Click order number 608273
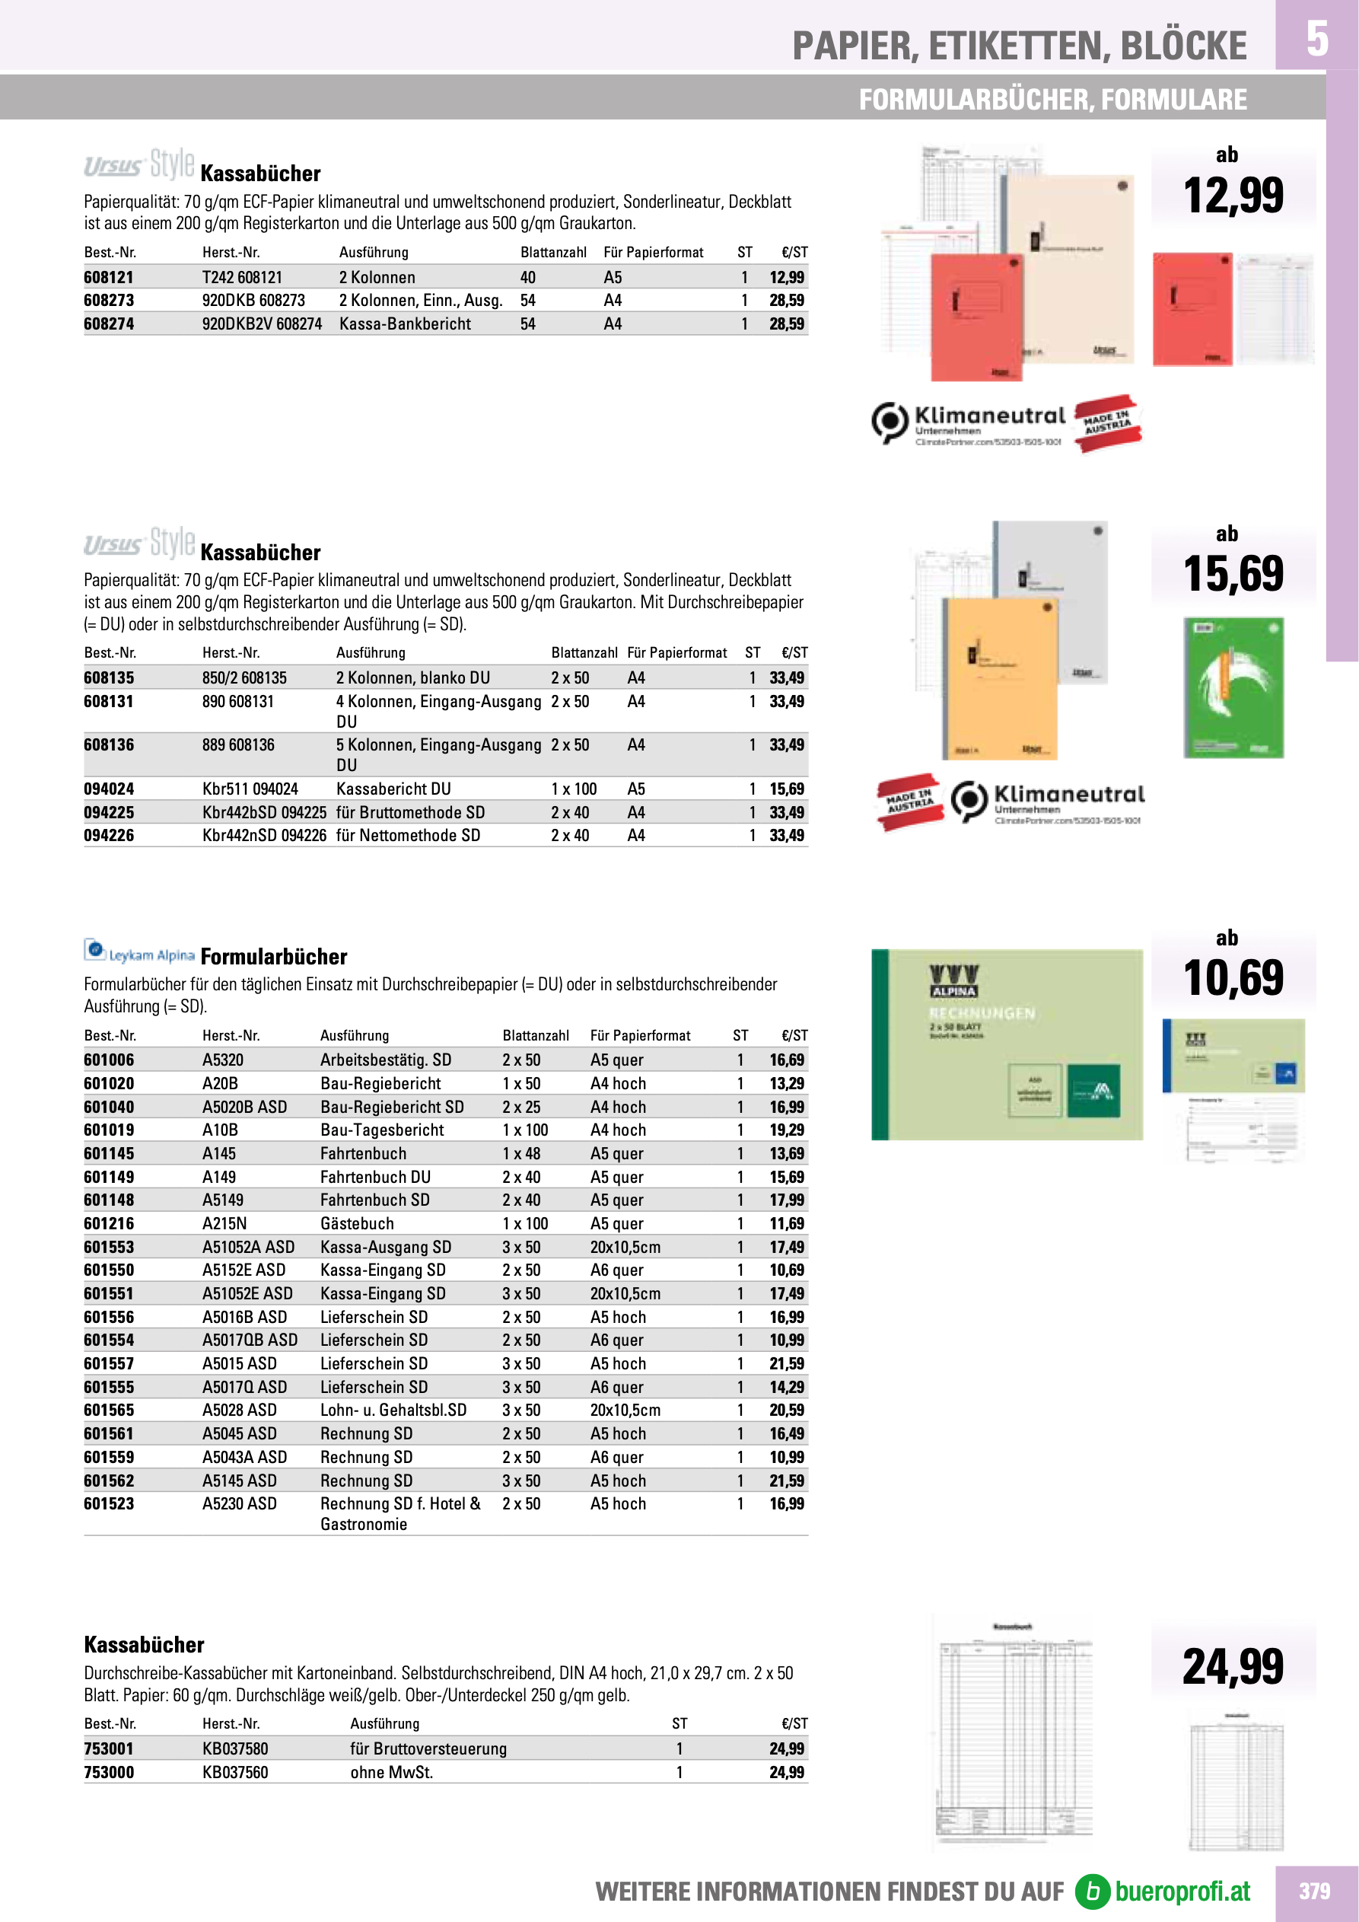point(109,301)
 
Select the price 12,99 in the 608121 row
point(786,277)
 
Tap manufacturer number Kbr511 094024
point(250,789)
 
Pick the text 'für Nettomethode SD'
point(409,836)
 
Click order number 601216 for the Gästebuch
point(109,1224)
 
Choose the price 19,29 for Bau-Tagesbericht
point(786,1130)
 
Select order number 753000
point(109,1772)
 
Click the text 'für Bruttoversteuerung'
point(428,1748)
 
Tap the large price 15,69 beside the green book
point(1233,574)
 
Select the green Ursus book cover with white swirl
point(1233,688)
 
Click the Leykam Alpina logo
point(140,951)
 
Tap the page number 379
point(1314,1891)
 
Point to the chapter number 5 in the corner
point(1316,39)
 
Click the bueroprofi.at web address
point(1182,1891)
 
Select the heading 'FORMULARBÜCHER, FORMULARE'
point(1052,100)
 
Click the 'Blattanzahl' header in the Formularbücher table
point(536,1035)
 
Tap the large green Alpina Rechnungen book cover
point(1007,1044)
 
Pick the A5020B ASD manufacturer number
point(244,1107)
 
